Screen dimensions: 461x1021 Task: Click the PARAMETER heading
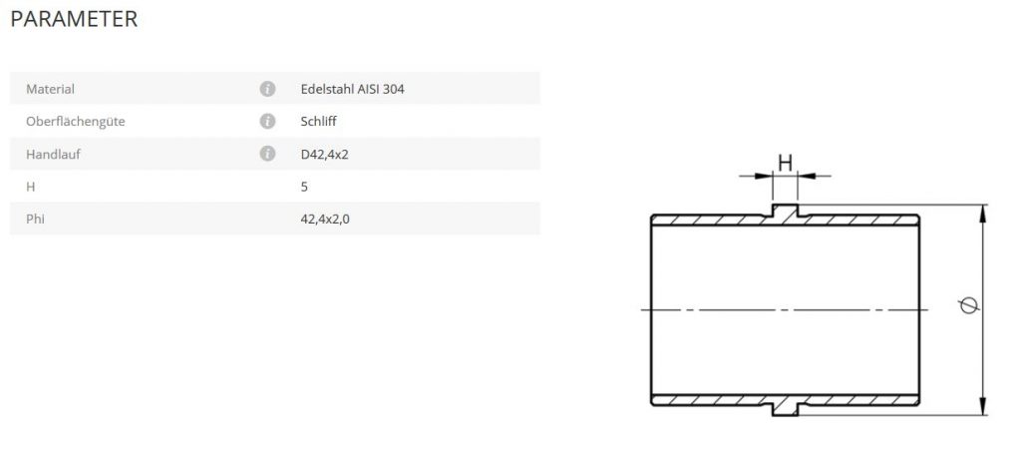(x=74, y=19)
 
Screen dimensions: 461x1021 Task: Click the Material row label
(x=51, y=89)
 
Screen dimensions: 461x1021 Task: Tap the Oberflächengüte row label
(x=75, y=122)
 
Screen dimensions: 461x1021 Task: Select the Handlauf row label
(x=52, y=154)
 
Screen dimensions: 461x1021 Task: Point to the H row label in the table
(x=30, y=187)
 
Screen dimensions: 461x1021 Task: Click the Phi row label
(x=36, y=219)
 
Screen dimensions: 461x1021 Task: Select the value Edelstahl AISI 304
(x=352, y=89)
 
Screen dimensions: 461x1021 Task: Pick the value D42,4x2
(x=324, y=154)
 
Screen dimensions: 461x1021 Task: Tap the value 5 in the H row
(x=303, y=187)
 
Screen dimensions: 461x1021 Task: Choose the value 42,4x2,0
(x=325, y=219)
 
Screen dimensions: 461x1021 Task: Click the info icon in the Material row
(x=267, y=89)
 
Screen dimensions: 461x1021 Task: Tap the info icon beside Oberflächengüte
(x=267, y=122)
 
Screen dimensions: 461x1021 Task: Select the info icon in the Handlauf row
(x=267, y=154)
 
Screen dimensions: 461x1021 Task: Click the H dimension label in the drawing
(x=785, y=162)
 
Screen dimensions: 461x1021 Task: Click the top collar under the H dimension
(x=786, y=212)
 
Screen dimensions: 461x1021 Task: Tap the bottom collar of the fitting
(x=786, y=407)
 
